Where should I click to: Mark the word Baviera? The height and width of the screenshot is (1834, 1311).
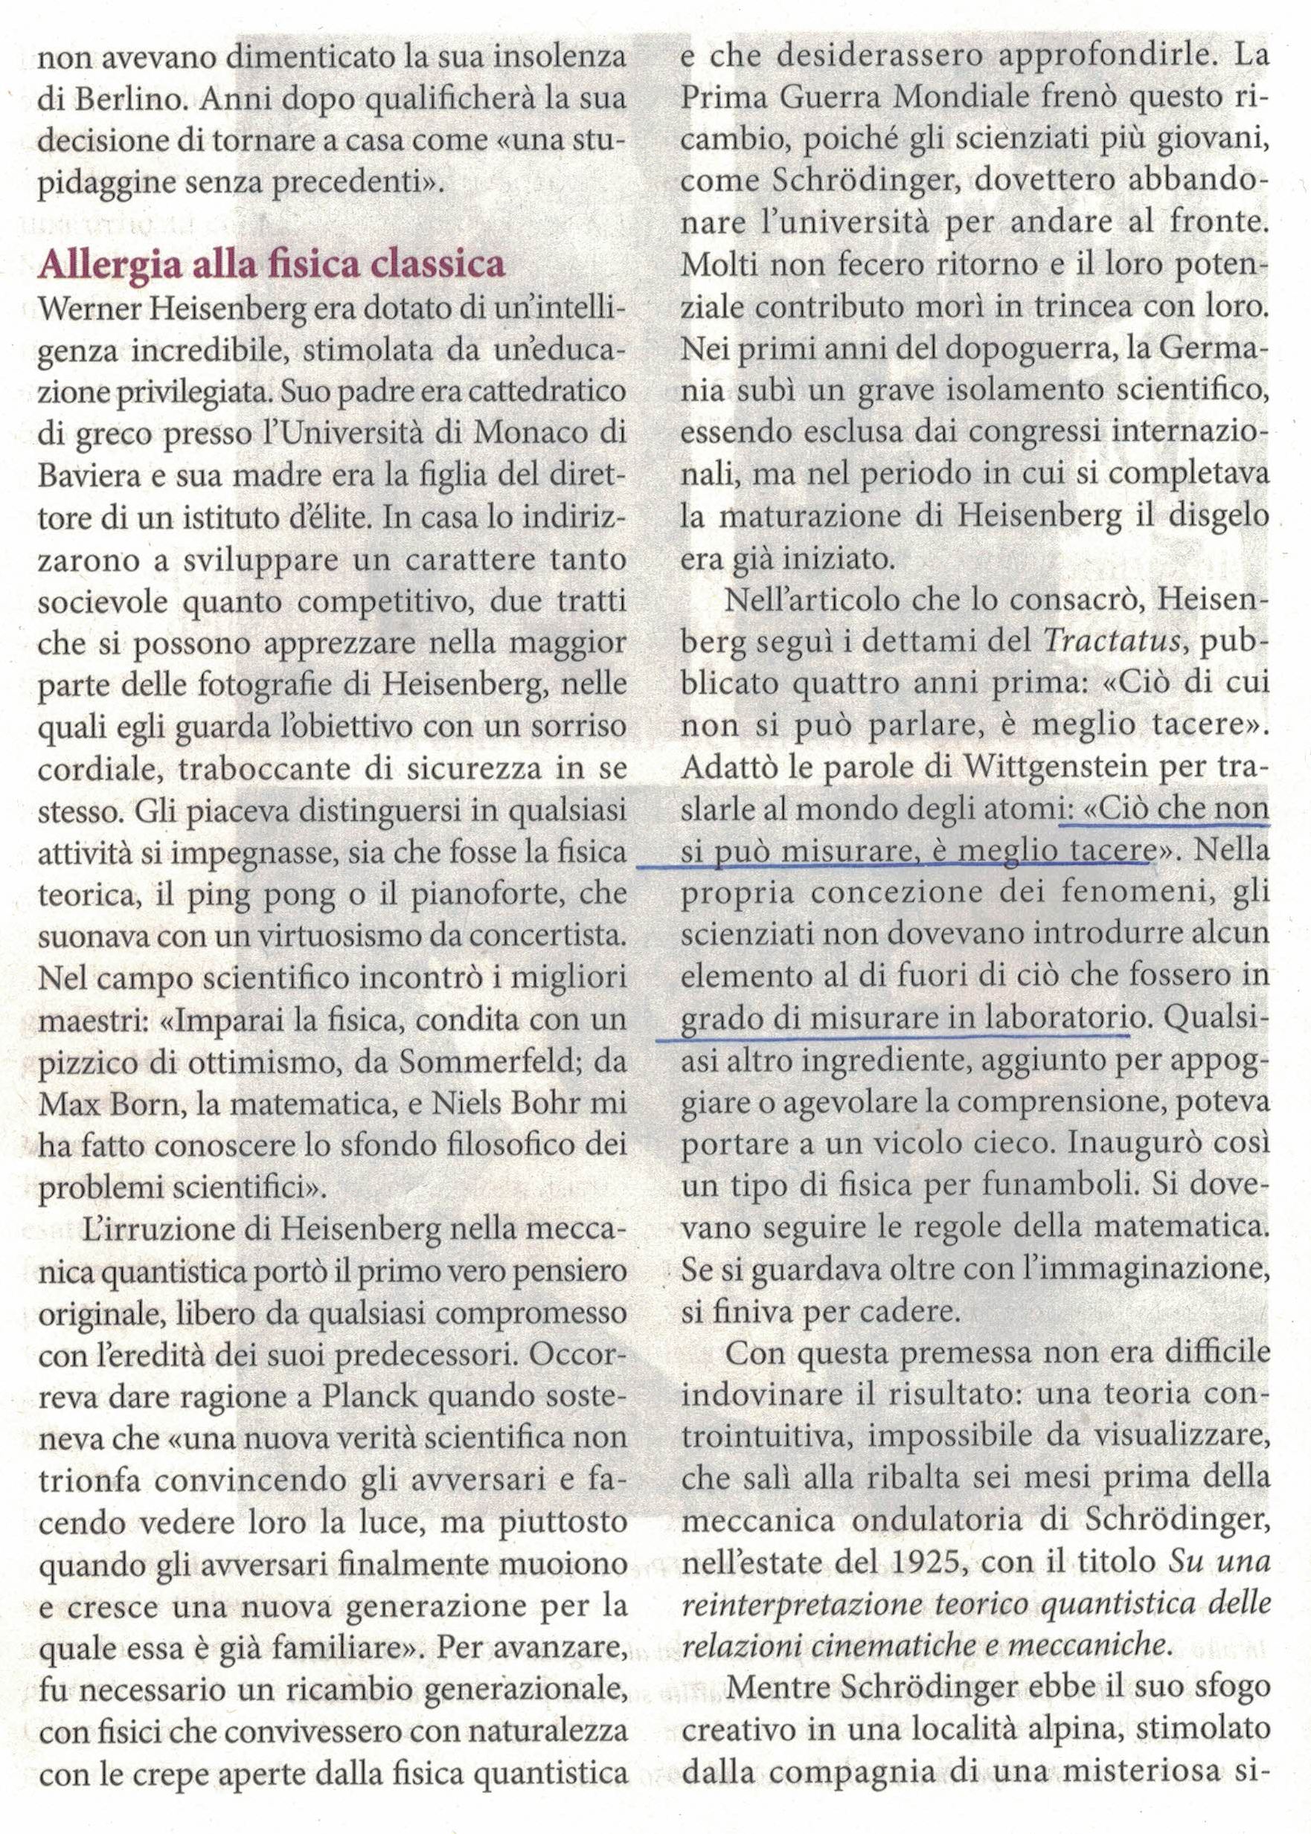(86, 477)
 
